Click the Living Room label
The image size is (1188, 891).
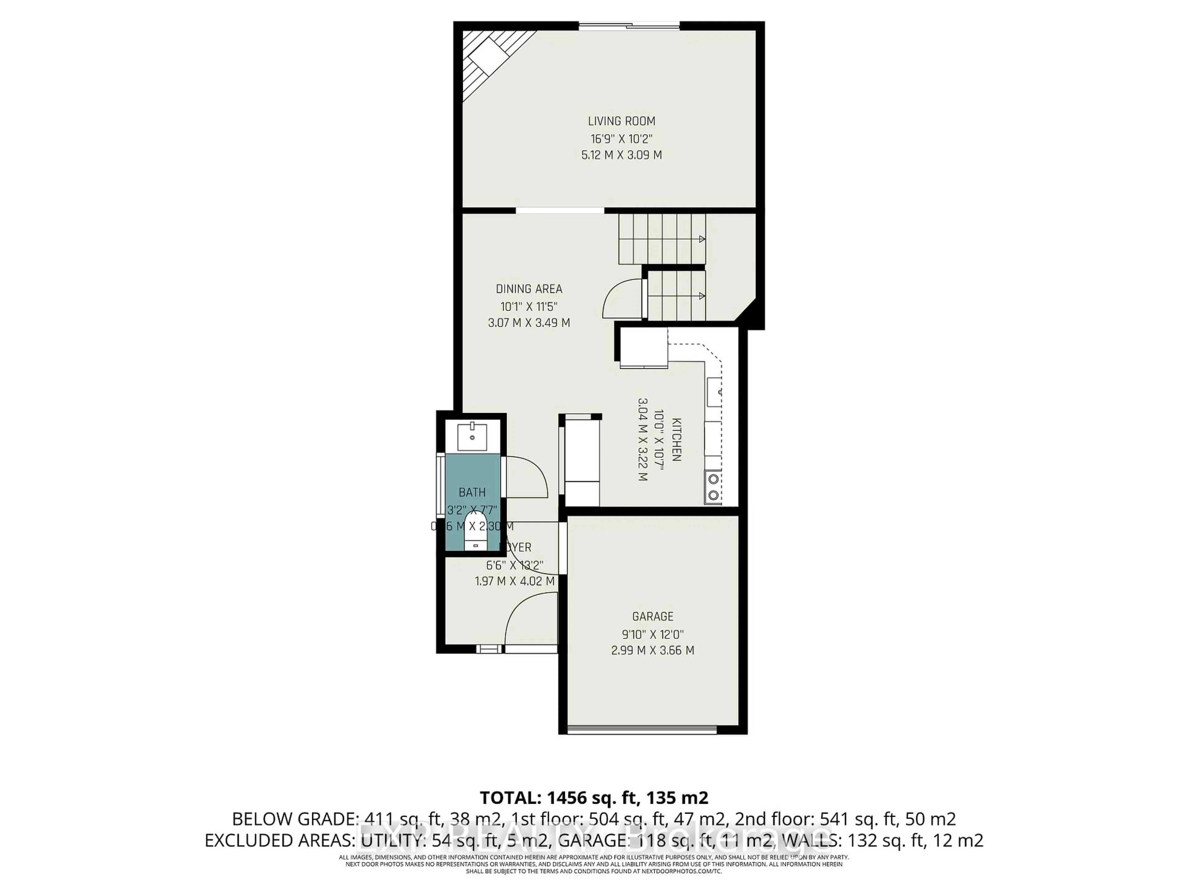622,121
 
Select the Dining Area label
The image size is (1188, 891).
529,289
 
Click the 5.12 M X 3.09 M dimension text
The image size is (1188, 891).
622,155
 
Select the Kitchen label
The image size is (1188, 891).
677,439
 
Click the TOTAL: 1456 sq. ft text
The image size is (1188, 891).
558,798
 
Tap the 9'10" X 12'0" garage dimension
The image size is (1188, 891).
652,634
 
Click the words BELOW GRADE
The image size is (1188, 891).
294,819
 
